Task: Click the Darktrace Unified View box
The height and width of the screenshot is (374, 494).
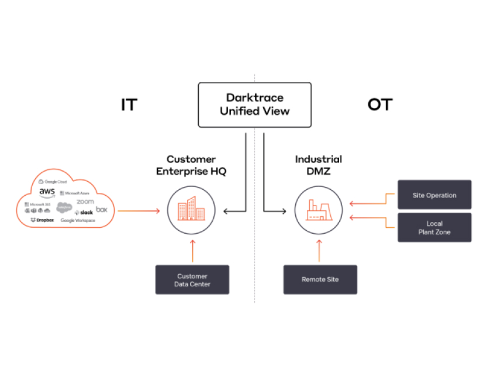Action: pos(254,105)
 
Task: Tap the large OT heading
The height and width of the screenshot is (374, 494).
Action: pos(380,105)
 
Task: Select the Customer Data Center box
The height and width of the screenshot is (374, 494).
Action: pos(192,280)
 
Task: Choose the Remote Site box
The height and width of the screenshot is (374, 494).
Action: pos(320,279)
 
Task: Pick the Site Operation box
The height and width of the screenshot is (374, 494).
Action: pos(434,195)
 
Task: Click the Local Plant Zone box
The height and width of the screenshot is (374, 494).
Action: pos(434,227)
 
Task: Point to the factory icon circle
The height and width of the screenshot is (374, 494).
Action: pos(319,210)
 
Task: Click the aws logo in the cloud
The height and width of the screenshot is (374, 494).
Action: pos(47,192)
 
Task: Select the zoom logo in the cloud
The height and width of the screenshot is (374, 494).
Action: pos(85,202)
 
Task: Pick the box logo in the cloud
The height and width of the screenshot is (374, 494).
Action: pos(102,209)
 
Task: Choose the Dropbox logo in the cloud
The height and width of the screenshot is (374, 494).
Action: pos(42,220)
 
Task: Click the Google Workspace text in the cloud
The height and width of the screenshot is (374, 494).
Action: pos(78,220)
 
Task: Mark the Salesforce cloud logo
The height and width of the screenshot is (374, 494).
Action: pos(64,207)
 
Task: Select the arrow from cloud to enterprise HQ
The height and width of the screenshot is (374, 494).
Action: pos(139,210)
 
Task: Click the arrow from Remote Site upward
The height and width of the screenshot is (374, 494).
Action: pos(319,250)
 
